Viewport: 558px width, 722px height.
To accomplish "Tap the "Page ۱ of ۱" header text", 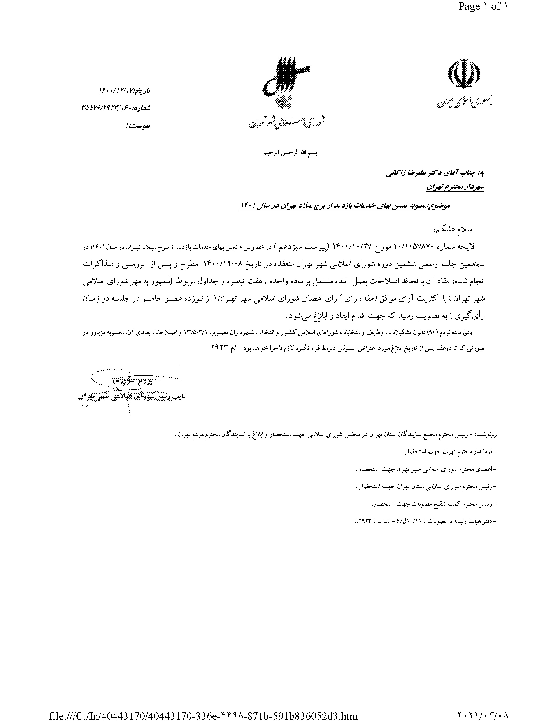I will coord(482,7).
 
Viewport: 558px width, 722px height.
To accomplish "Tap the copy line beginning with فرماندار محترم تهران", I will coord(450,452).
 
